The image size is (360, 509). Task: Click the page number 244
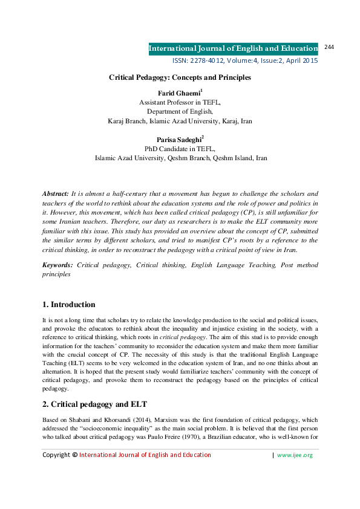click(x=330, y=47)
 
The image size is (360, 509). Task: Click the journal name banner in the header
click(x=234, y=48)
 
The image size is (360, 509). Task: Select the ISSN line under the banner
click(x=245, y=61)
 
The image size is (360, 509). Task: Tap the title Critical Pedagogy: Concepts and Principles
click(x=180, y=77)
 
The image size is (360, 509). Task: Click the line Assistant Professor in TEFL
click(x=180, y=103)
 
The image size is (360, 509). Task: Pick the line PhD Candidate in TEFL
click(x=180, y=149)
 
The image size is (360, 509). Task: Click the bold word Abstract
click(x=55, y=193)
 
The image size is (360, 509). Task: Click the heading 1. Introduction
click(x=68, y=304)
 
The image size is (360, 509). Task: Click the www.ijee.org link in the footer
click(x=295, y=455)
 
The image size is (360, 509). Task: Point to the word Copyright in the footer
click(x=56, y=455)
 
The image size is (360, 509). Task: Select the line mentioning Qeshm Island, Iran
click(x=180, y=158)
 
